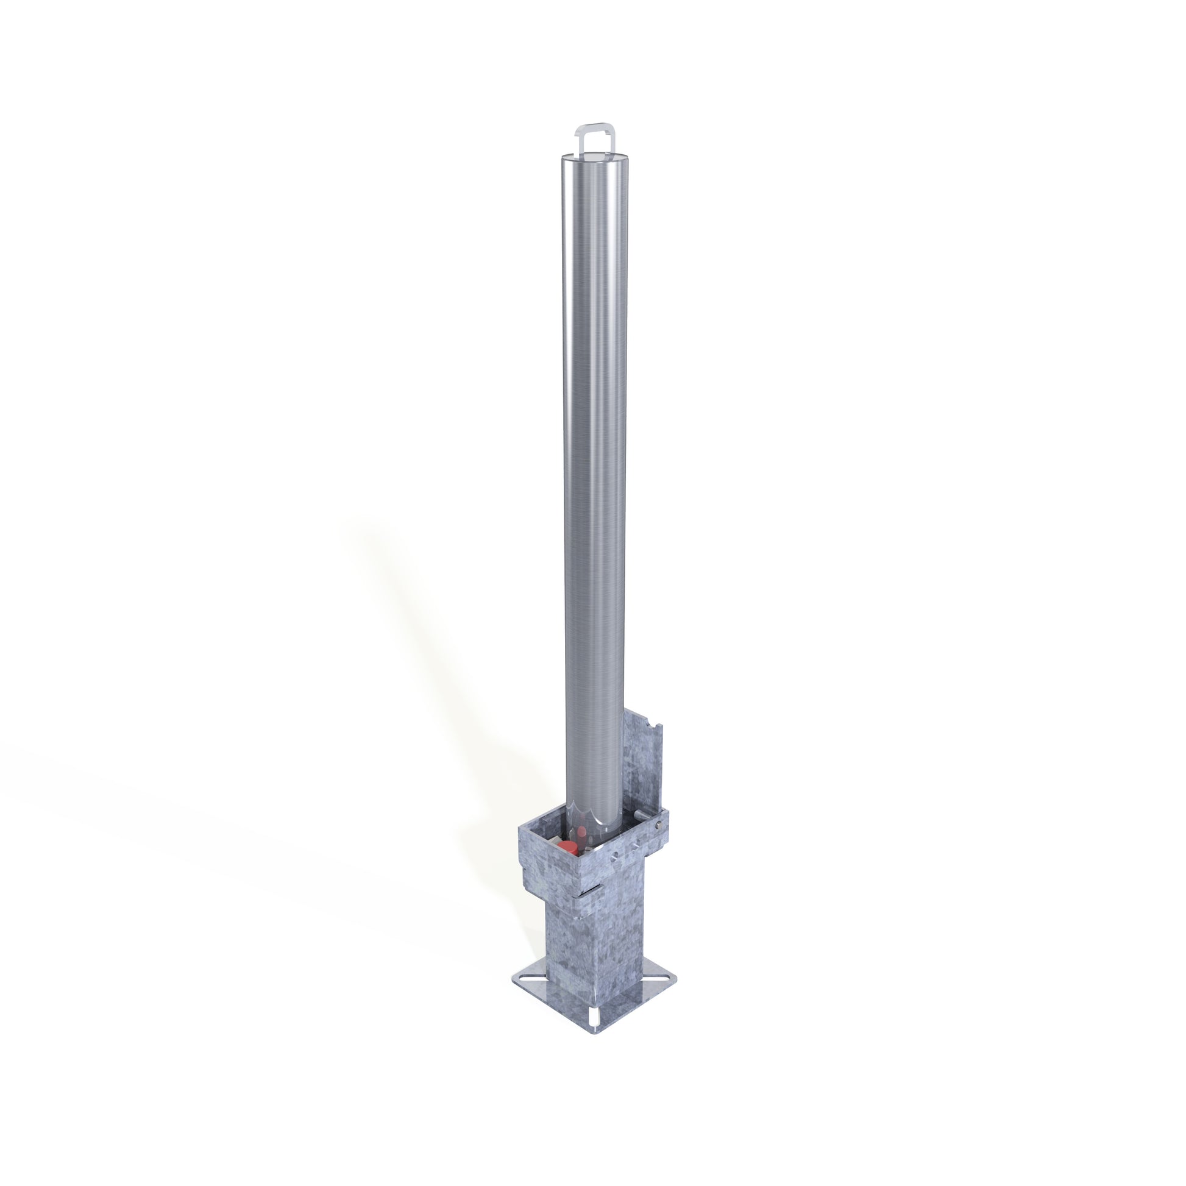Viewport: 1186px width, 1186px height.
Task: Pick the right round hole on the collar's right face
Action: [636, 844]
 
